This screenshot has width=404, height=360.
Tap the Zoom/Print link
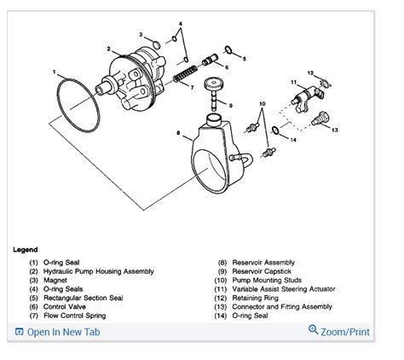coord(345,331)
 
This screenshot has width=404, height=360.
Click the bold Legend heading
coord(26,250)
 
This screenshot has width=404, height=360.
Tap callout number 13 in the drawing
coord(335,130)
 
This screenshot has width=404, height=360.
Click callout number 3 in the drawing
coord(141,35)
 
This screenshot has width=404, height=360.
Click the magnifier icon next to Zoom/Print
coord(313,330)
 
